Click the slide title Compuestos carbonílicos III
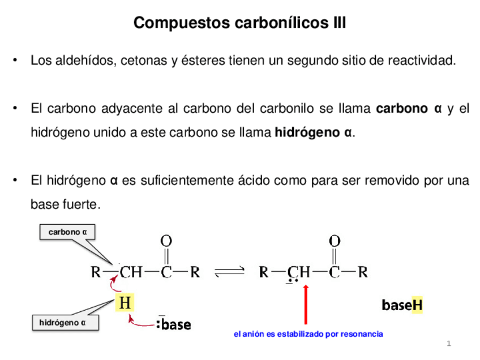(239, 23)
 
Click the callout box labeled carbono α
(67, 232)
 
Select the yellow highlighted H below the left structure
(125, 303)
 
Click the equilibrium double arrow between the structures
(230, 272)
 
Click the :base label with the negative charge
(173, 324)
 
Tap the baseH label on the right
(402, 306)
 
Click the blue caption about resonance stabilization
(308, 334)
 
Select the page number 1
(448, 344)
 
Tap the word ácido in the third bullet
(255, 181)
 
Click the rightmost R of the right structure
(363, 272)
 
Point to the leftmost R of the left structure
(96, 272)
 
